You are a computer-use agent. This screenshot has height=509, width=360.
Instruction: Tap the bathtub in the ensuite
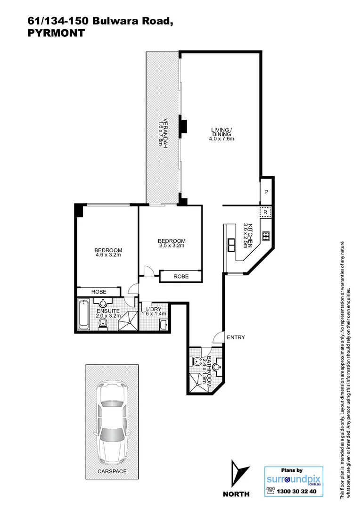coord(84,315)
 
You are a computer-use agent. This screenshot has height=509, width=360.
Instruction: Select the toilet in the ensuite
coord(103,323)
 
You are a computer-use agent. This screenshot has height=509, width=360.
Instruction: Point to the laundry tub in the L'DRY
coord(163,325)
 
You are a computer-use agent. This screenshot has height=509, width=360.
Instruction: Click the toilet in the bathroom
coord(197,362)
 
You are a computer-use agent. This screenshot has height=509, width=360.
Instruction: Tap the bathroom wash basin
coord(217,365)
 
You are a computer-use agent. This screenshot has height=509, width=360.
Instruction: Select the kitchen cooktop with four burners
coord(266,237)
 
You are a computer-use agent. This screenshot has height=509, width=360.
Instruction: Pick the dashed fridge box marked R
coord(266,213)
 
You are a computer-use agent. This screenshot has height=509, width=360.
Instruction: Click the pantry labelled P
coord(266,192)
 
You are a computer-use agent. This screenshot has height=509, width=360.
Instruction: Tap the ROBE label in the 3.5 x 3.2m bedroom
coord(181,277)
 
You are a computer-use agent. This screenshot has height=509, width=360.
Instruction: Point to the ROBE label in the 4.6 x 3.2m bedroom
coord(98,292)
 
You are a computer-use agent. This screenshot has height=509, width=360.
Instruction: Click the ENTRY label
coord(235,337)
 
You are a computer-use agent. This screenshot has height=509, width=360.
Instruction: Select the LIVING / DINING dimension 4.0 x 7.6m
coord(221,139)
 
